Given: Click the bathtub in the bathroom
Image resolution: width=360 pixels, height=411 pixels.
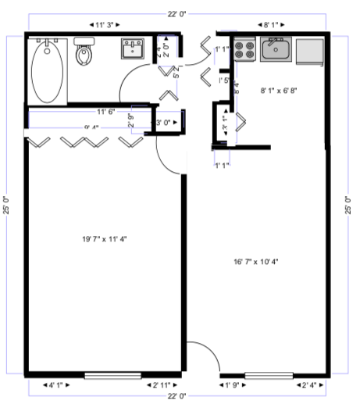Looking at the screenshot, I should coord(47,70).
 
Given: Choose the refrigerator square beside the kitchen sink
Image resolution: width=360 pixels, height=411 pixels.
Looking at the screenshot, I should coord(310,51).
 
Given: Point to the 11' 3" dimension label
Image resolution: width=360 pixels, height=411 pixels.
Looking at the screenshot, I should coord(104,25).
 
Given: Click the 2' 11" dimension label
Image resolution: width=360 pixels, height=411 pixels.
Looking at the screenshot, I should coord(162,385).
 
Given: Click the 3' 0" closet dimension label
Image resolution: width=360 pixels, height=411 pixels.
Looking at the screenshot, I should coord(164,123).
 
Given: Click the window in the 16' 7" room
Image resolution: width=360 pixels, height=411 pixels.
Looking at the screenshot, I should coord(269,376).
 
